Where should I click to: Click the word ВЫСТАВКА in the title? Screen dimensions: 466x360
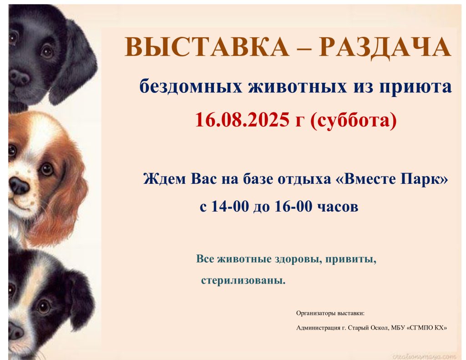[x=207, y=47]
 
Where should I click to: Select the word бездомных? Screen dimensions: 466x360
[x=191, y=87]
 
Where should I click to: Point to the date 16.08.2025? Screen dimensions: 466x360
[x=242, y=120]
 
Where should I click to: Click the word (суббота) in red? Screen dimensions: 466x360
[x=353, y=120]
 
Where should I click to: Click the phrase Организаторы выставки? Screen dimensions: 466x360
[x=330, y=313]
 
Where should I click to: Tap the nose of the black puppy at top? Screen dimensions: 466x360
[x=19, y=77]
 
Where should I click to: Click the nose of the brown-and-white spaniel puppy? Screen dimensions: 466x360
[x=19, y=185]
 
